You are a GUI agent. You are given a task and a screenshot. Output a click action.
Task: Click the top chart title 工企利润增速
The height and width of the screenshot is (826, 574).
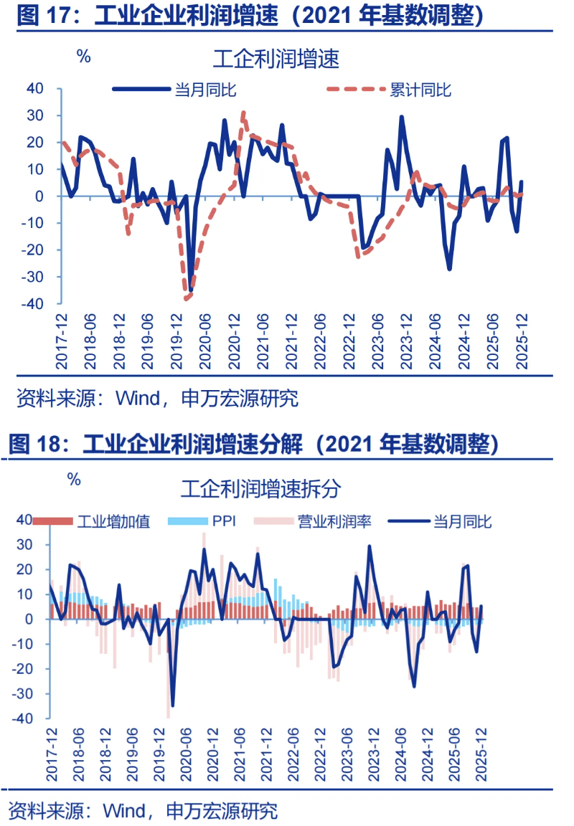(276, 58)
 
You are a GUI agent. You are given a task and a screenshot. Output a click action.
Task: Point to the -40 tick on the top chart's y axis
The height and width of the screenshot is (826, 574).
(35, 304)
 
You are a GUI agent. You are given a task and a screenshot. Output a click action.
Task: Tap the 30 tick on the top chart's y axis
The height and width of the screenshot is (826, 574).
(35, 115)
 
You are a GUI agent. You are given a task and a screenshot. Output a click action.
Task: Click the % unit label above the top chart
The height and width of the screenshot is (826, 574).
(84, 57)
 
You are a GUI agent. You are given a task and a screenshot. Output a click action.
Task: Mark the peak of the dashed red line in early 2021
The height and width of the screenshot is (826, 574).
(244, 112)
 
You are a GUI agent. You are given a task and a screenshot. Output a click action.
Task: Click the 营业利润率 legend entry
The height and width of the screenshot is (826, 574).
(334, 521)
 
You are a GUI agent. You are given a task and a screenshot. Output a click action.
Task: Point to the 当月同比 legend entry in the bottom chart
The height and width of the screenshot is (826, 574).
(462, 521)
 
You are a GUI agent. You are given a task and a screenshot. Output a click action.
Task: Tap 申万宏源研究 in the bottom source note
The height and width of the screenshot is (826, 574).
(222, 811)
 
